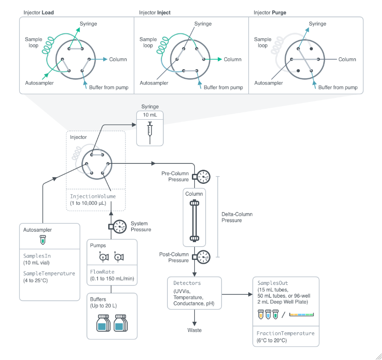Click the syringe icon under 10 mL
tap(150, 131)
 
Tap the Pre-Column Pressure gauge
tap(204, 177)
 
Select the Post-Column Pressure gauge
tap(204, 257)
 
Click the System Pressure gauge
tap(120, 226)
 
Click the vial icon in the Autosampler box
tap(43, 239)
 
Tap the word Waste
tap(195, 330)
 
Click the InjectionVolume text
tap(93, 196)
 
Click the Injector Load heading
tap(39, 12)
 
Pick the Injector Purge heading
tap(270, 12)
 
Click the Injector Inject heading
tap(155, 12)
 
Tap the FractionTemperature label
tap(286, 333)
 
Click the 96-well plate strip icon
tap(301, 314)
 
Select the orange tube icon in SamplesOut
tap(261, 314)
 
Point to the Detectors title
tap(187, 283)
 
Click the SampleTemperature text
tap(49, 274)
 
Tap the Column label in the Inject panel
tap(232, 60)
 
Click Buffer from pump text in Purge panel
tap(338, 87)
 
